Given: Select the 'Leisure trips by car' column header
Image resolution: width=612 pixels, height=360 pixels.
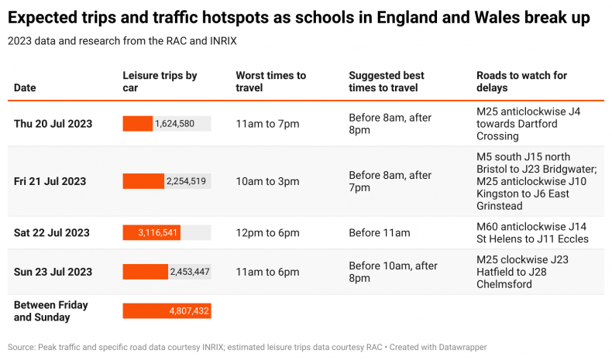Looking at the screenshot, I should coord(160,81).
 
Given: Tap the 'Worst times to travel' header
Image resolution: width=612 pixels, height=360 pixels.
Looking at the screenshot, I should coord(270,81).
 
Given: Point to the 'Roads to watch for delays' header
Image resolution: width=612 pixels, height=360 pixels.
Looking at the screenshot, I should coord(521,81).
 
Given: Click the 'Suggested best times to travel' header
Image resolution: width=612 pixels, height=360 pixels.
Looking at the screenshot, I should coord(386,81).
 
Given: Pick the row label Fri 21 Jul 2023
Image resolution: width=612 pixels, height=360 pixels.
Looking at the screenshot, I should coord(50,181).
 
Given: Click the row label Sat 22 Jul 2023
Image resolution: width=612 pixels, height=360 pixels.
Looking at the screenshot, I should coord(51,233).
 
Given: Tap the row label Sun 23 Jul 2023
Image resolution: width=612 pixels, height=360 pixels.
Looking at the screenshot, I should coord(53,272).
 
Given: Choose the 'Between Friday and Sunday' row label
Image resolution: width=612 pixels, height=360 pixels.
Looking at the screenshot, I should coord(51,311).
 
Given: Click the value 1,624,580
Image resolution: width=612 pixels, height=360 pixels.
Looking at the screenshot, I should coord(174,124).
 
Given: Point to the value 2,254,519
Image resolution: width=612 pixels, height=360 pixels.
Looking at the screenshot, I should coord(186,181).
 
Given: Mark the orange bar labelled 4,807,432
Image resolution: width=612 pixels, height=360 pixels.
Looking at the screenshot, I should coord(167,311).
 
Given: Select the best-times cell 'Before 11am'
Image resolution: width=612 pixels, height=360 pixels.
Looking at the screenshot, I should coord(380,233).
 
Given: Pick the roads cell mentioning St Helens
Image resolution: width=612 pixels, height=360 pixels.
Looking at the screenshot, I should coord(532,233).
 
